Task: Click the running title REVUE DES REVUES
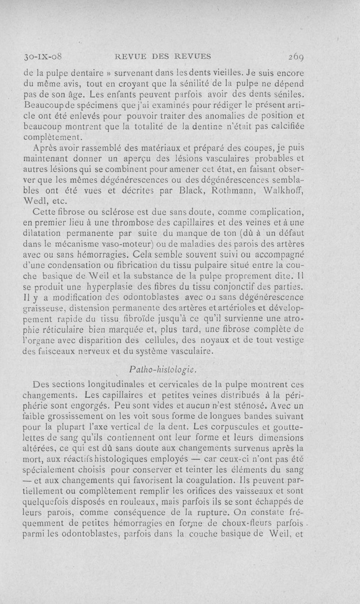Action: click(163, 57)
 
